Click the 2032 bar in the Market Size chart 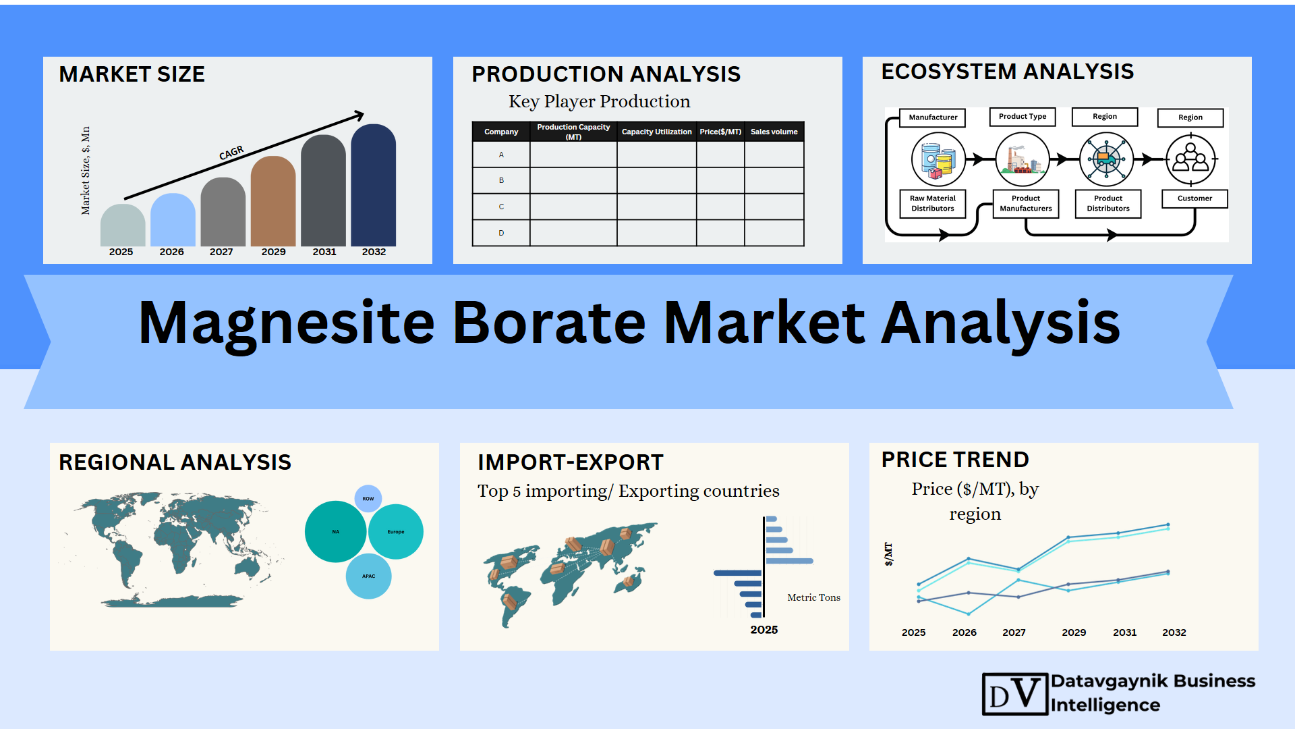(x=373, y=185)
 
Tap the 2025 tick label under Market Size (x=121, y=252)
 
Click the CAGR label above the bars (x=231, y=153)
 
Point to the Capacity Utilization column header (x=656, y=132)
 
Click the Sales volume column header (x=774, y=132)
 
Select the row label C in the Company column (x=501, y=207)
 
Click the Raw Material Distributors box (x=933, y=203)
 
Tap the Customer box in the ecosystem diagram (x=1195, y=198)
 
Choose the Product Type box (x=1023, y=117)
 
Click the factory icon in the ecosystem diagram (x=1023, y=159)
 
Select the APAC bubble (x=368, y=576)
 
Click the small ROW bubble (x=368, y=499)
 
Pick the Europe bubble (x=396, y=532)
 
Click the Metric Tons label (x=814, y=597)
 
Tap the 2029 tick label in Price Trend (x=1074, y=632)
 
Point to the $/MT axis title (x=888, y=554)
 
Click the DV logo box (x=1015, y=694)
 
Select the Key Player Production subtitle (x=600, y=101)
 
